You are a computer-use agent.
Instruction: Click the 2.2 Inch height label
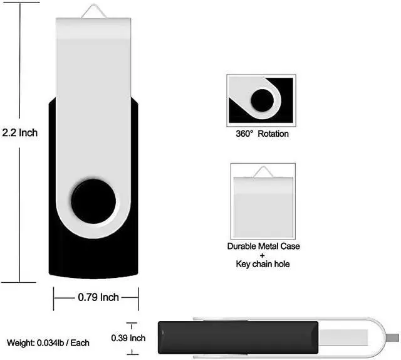(x=20, y=132)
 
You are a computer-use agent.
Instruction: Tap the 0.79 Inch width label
(x=98, y=297)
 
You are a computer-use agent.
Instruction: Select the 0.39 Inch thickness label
(x=128, y=338)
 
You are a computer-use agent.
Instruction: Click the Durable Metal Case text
(x=263, y=246)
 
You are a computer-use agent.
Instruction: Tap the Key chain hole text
(x=263, y=264)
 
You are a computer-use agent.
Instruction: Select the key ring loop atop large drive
(x=94, y=10)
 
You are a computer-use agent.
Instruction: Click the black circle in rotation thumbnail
(x=262, y=100)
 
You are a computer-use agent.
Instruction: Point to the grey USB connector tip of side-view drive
(x=393, y=338)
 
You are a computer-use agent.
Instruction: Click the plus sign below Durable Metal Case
(x=263, y=255)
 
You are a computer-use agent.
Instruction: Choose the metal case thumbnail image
(x=263, y=198)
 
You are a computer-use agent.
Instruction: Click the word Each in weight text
(x=80, y=343)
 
